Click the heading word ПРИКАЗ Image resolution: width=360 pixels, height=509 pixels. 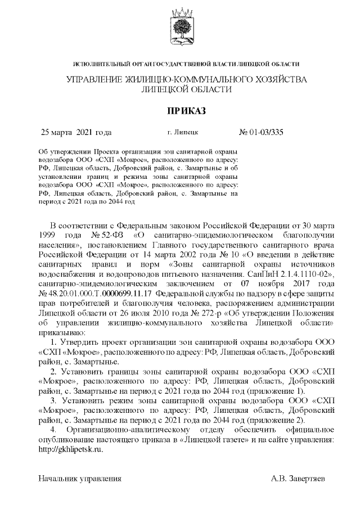(180, 111)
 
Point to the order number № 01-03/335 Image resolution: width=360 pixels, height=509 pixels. (261, 133)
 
